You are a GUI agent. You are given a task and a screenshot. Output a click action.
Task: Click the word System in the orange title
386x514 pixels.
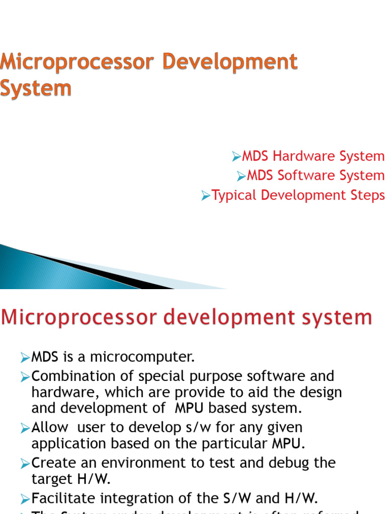[x=36, y=88]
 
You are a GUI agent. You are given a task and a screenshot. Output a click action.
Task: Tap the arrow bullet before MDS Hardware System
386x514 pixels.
[x=237, y=157]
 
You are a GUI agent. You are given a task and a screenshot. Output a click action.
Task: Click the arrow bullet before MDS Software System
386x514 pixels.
[x=242, y=176]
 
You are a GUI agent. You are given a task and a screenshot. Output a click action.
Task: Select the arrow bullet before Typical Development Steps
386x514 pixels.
[x=206, y=196]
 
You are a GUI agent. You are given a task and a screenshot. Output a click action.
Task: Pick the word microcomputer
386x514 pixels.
[x=142, y=357]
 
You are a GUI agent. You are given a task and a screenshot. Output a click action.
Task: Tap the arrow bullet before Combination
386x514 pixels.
[x=26, y=376]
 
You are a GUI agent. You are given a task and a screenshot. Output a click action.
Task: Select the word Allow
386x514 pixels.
[x=50, y=428]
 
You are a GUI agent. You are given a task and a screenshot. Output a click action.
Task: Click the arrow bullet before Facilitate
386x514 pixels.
[x=26, y=499]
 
